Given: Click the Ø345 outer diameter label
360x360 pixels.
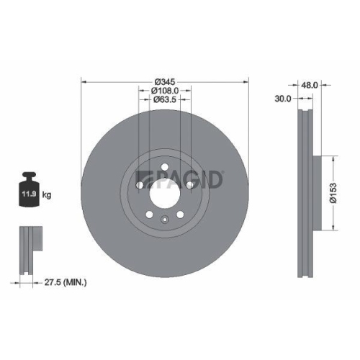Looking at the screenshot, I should (x=165, y=81).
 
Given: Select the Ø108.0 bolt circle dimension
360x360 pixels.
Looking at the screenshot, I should (x=165, y=91).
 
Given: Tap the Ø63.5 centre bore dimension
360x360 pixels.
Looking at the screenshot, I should (x=165, y=101).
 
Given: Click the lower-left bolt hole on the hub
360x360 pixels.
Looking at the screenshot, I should (x=149, y=214).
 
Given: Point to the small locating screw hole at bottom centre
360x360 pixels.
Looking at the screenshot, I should (x=164, y=220).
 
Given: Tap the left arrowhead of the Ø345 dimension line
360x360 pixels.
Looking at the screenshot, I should (x=84, y=81).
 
